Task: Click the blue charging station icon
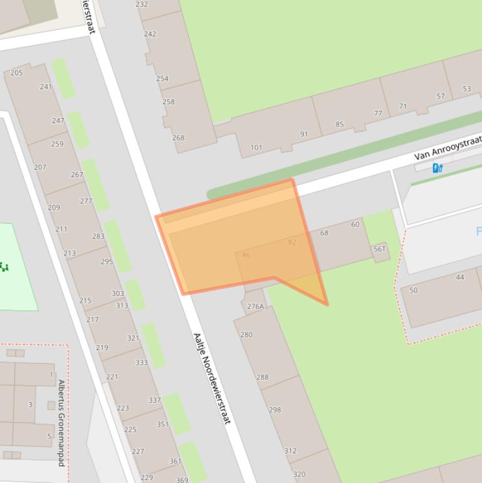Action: click(x=437, y=167)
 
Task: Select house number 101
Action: click(x=256, y=148)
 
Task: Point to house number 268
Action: click(x=178, y=138)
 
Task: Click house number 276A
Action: click(x=255, y=307)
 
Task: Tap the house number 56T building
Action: click(x=380, y=250)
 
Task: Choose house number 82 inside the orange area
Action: click(x=292, y=242)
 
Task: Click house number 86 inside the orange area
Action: click(x=246, y=255)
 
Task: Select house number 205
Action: click(x=16, y=73)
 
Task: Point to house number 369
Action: click(x=182, y=480)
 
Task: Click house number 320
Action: click(x=299, y=474)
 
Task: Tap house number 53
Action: click(x=466, y=89)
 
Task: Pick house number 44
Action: click(x=460, y=277)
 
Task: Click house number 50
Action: click(x=413, y=290)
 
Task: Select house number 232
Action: click(x=142, y=4)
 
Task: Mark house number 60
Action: click(x=355, y=225)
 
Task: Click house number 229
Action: click(x=147, y=477)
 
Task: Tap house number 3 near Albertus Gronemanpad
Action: click(x=29, y=405)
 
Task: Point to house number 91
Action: click(x=304, y=134)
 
